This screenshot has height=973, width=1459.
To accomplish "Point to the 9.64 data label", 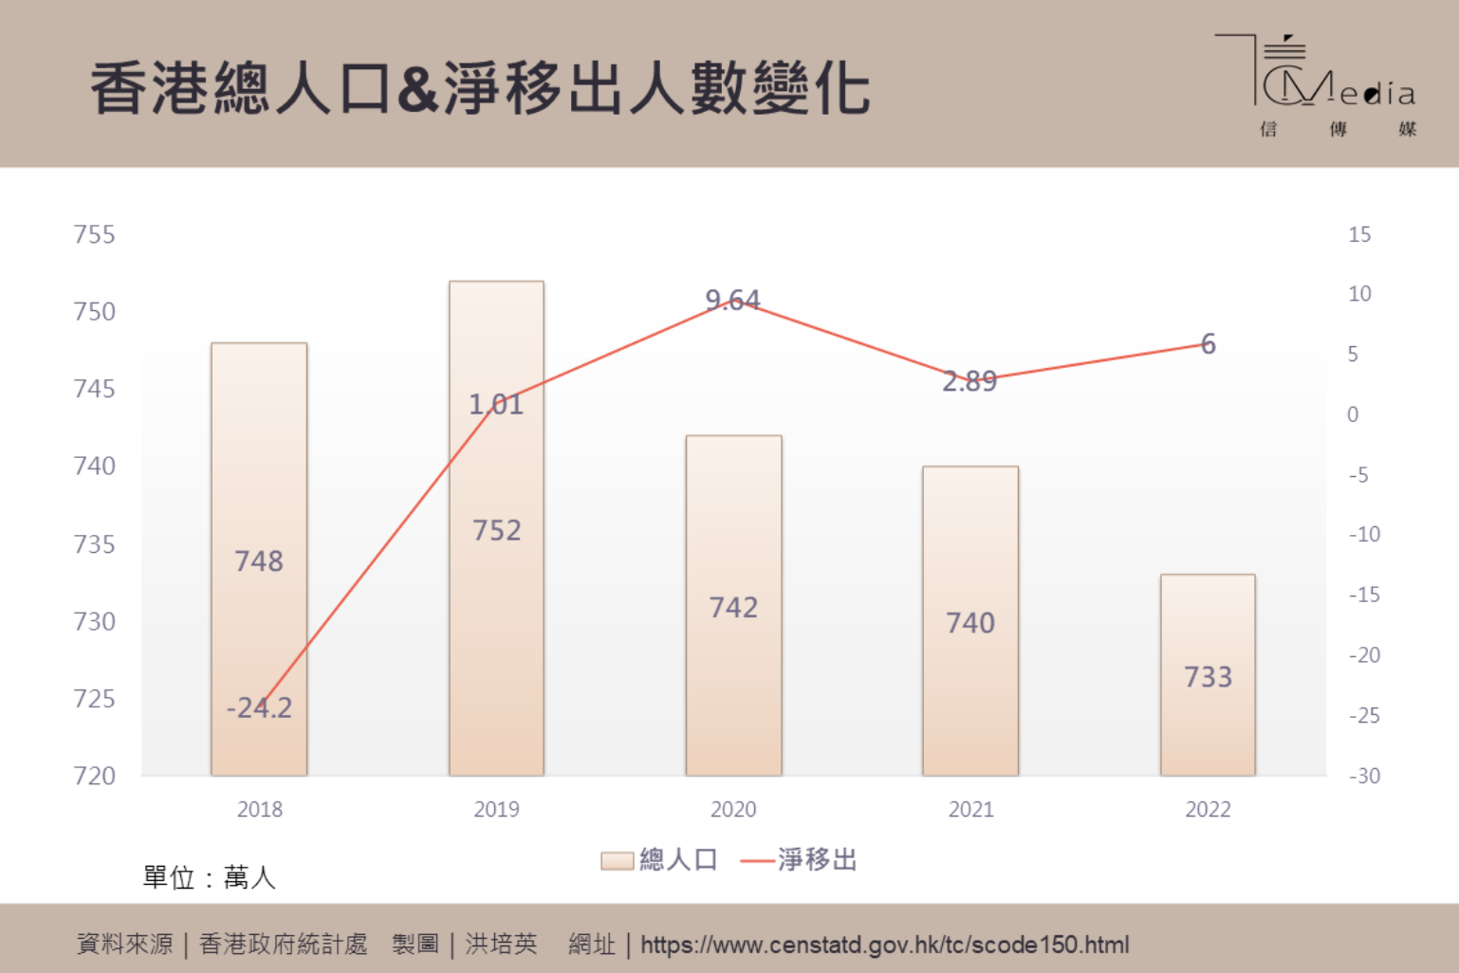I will (732, 300).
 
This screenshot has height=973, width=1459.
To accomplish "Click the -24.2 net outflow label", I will (259, 707).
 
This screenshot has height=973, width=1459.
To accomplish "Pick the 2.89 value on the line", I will (970, 381).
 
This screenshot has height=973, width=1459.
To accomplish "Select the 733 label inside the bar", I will (1208, 677).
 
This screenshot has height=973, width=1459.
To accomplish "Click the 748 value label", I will (259, 561).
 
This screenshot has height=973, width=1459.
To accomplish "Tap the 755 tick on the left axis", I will (94, 234).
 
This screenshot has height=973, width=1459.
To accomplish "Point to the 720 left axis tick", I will (94, 776).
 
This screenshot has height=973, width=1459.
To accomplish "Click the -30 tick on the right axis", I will (1364, 776).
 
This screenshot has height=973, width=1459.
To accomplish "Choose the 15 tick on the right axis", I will (1359, 234).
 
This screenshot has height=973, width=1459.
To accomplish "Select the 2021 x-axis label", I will (970, 809).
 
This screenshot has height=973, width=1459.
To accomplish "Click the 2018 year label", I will (259, 809).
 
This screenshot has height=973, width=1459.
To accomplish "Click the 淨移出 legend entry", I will (800, 860).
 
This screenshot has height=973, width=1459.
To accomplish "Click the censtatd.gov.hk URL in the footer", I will (884, 945).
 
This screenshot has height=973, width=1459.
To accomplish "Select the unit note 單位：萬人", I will (209, 877).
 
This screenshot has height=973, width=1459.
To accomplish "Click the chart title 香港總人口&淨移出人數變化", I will (480, 89).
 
